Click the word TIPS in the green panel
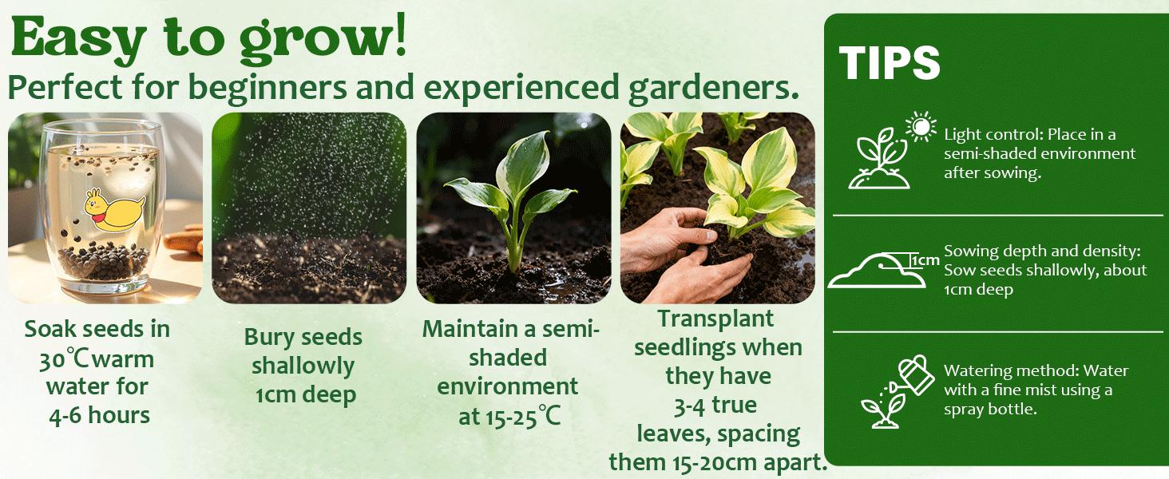click(x=890, y=62)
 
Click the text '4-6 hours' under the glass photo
click(x=98, y=415)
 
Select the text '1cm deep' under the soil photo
click(x=305, y=394)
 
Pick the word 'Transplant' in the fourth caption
click(x=715, y=319)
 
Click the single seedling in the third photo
click(x=515, y=200)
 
